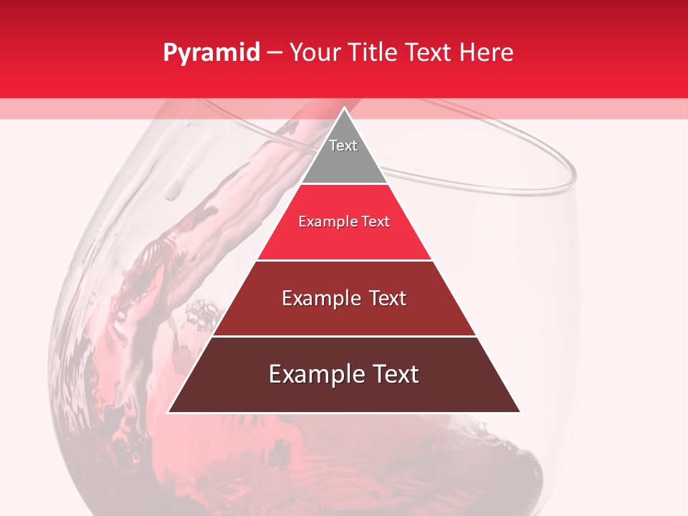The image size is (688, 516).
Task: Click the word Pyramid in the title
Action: [211, 53]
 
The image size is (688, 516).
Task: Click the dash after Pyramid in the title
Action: [274, 53]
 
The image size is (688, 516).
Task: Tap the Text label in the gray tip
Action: [343, 145]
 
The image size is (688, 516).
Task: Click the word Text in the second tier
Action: [376, 222]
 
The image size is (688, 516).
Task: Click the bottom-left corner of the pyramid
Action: [168, 412]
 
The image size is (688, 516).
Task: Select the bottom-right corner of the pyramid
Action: [520, 412]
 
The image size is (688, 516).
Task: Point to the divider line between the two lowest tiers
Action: [344, 336]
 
